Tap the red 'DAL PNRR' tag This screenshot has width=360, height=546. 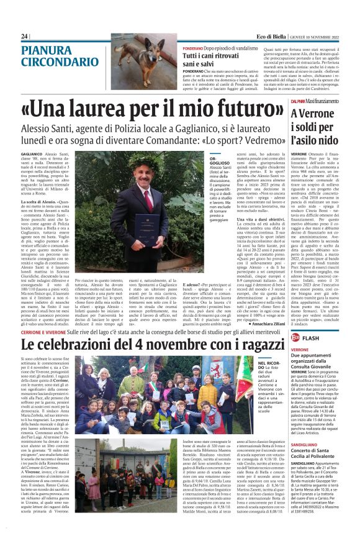point(298,101)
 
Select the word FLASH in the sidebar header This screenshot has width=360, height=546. point(312,338)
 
